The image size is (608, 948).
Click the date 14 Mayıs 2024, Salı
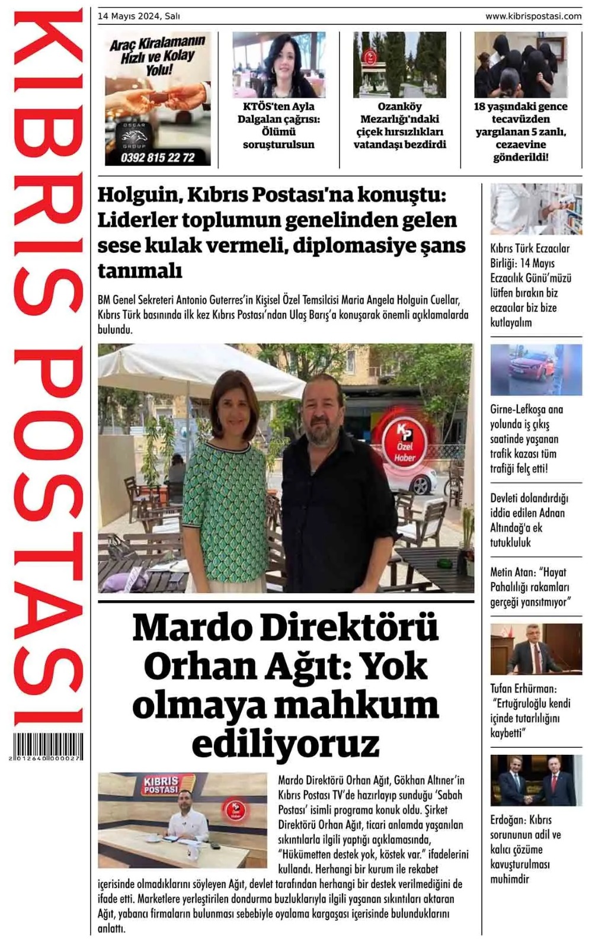(139, 17)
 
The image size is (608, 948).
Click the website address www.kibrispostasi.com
(533, 17)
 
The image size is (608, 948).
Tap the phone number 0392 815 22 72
(158, 158)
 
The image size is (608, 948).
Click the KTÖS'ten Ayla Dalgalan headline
(279, 125)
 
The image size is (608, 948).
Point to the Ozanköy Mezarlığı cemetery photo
(399, 65)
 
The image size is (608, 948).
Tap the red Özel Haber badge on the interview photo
(405, 441)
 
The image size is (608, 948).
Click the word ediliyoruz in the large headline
(285, 744)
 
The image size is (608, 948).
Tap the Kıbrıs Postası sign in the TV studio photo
(161, 785)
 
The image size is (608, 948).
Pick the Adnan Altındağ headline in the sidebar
(529, 520)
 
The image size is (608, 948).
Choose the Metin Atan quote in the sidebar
(529, 587)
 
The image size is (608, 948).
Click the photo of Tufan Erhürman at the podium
(536, 649)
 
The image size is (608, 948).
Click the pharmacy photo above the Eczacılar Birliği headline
(536, 209)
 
